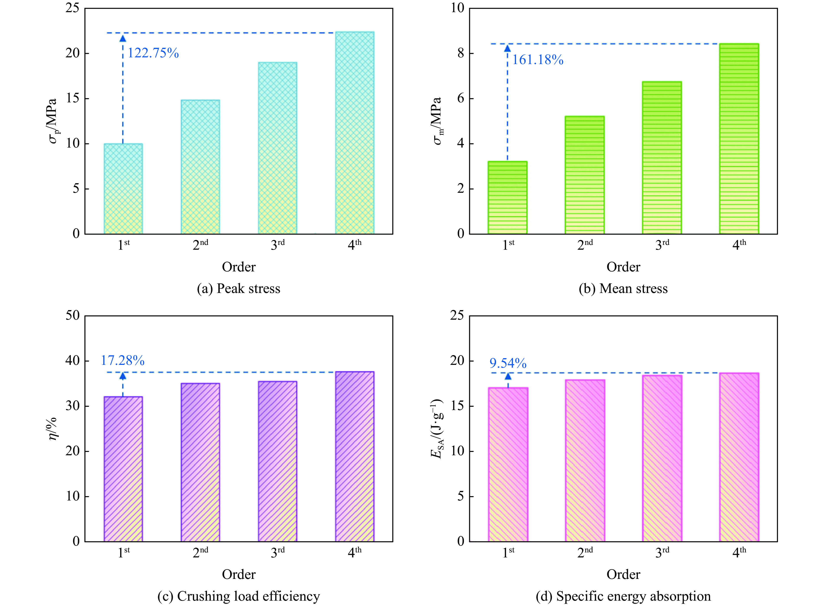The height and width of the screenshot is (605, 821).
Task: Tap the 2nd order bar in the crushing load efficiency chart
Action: [200, 462]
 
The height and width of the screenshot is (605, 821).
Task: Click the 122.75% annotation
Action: [153, 53]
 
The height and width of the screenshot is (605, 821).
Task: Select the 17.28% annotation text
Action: [123, 361]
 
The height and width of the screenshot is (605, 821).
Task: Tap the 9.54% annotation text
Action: [508, 363]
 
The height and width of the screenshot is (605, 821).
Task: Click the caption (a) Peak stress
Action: [239, 289]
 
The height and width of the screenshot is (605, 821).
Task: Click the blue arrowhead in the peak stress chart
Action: [123, 38]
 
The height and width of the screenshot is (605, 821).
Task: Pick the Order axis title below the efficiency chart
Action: [239, 574]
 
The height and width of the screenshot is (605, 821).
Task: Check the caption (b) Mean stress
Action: [623, 289]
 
